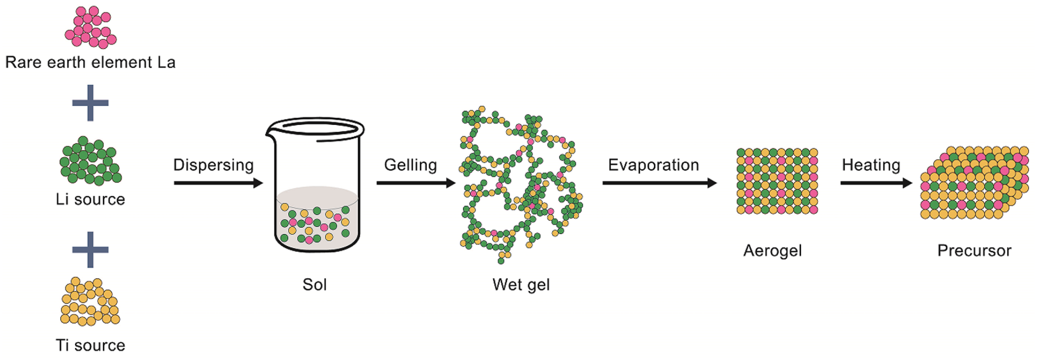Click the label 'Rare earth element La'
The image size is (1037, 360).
coord(90,62)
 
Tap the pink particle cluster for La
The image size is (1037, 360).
coord(90,27)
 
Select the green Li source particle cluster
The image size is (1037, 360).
coord(90,161)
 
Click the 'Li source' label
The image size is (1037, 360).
coord(90,199)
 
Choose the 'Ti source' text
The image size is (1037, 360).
coord(90,345)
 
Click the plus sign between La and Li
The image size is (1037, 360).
coord(90,103)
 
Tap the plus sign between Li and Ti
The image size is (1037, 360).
coord(90,249)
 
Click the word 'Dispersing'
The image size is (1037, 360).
coord(213,165)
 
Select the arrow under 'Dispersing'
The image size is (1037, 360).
coord(218,183)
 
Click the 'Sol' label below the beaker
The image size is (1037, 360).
coord(315,285)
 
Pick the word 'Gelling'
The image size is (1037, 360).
coord(411,165)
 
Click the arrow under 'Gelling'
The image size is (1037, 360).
coord(416,183)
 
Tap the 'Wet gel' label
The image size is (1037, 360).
coord(521,285)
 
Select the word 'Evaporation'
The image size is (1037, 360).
coord(654,165)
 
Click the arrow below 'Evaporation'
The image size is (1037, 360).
coord(660,183)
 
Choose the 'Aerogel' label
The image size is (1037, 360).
coord(773,250)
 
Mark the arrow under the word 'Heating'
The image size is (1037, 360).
coord(876,183)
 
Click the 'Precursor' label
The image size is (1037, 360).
coord(974,250)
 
